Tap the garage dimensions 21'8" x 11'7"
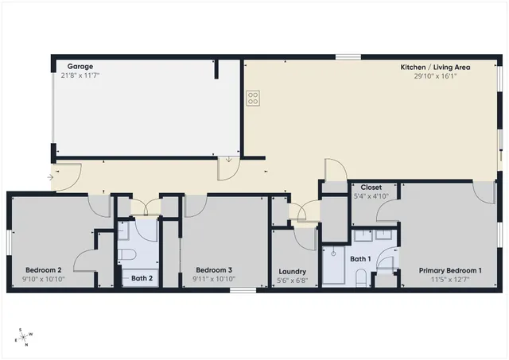pos(80,76)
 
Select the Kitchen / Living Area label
pos(435,68)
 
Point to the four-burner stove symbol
pos(253,99)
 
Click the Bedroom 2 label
pos(44,269)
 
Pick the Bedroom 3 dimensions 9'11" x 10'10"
pos(214,278)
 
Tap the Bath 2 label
pos(142,278)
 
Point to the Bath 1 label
pos(361,259)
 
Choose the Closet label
pos(371,188)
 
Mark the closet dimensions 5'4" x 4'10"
pos(371,196)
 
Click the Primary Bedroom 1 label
pos(450,270)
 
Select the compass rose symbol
pos(24,337)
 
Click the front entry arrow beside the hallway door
pos(52,177)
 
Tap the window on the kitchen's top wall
pos(347,56)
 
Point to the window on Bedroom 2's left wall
pos(9,242)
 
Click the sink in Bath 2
pos(123,230)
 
